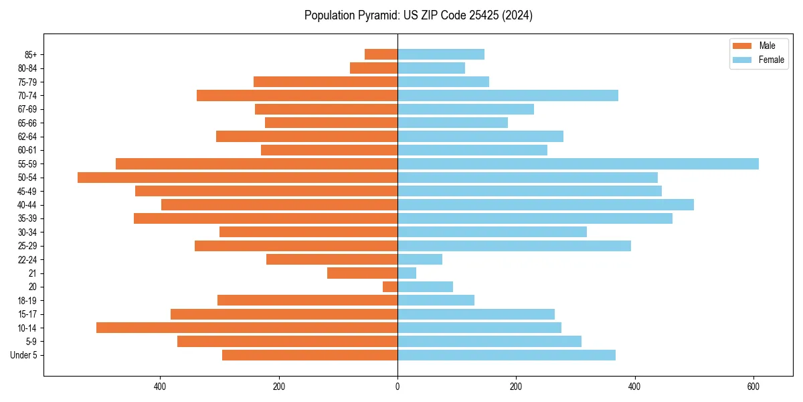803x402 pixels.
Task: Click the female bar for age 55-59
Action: (578, 163)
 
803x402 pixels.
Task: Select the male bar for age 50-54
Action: (238, 178)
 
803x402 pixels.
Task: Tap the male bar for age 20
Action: (390, 287)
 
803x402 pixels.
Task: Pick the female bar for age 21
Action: (407, 273)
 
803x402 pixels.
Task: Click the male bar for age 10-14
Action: (247, 328)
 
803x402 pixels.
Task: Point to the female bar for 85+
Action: (441, 54)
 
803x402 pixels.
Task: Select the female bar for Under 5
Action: (507, 355)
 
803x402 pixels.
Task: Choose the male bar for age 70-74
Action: (297, 95)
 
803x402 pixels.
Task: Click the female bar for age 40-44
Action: (545, 204)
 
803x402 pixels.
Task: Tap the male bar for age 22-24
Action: (332, 259)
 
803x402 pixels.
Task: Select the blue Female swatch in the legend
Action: (743, 60)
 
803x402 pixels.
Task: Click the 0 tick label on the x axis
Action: (397, 387)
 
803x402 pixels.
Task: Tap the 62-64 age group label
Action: (27, 137)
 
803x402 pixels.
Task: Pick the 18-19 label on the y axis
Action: (27, 301)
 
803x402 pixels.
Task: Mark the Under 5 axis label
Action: (24, 355)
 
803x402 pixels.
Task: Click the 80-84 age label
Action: (27, 68)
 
